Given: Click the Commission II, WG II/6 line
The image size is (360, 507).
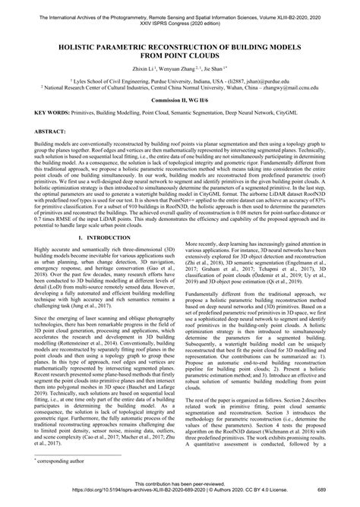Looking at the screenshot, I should [180, 99].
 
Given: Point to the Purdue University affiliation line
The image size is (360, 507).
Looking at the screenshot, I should [180, 78].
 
